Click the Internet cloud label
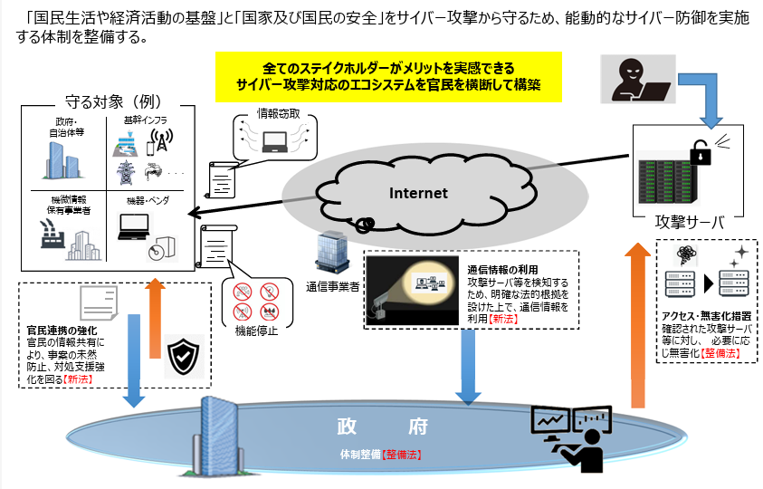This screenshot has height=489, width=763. pyautogui.click(x=418, y=193)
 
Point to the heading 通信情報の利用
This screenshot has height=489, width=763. pyautogui.click(x=502, y=270)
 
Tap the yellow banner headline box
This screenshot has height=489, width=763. pyautogui.click(x=388, y=76)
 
